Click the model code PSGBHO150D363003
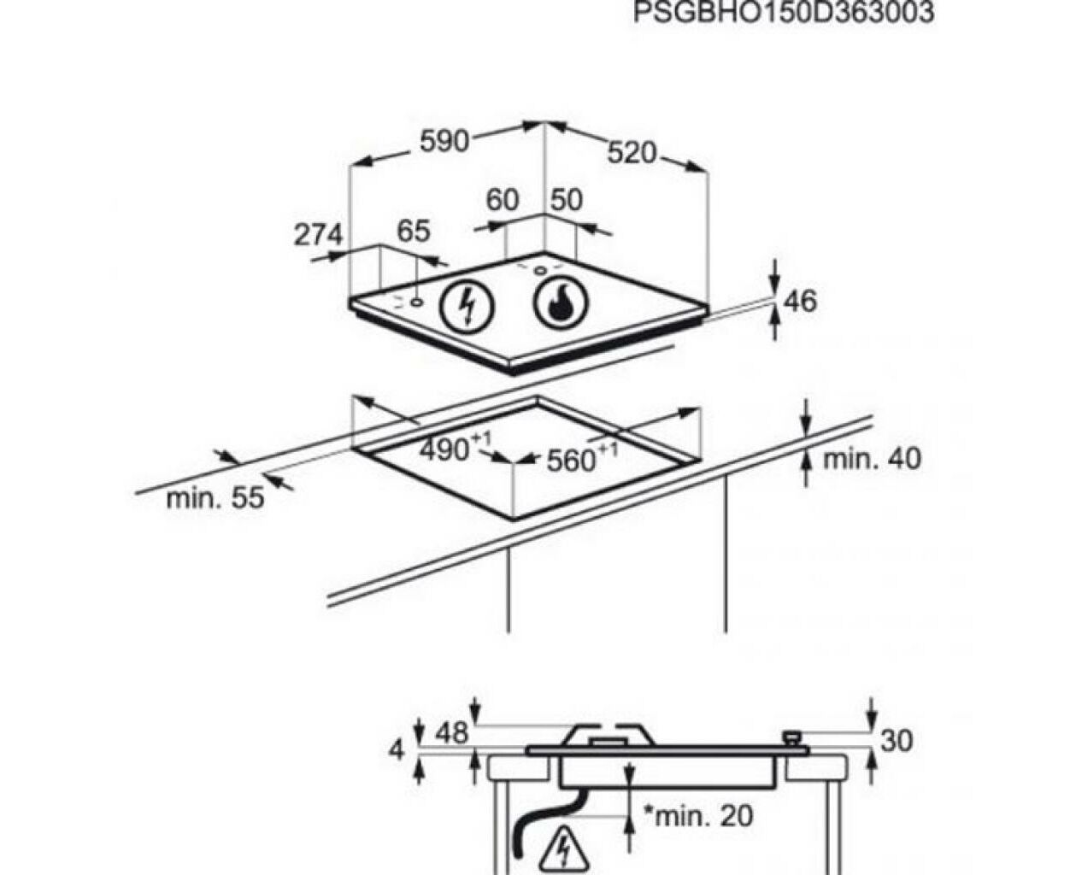[x=784, y=12]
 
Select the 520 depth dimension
[x=632, y=153]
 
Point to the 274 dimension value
[x=319, y=235]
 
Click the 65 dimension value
[x=414, y=231]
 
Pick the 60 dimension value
[x=503, y=200]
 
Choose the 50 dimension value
[x=567, y=200]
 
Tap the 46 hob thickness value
[x=800, y=301]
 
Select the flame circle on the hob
[x=561, y=305]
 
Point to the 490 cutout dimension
[x=456, y=447]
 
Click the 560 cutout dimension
[x=582, y=458]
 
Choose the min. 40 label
[x=871, y=459]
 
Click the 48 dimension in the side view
[x=451, y=733]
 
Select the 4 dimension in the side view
[x=397, y=749]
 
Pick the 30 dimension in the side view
[x=897, y=741]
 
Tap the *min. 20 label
[x=698, y=816]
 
